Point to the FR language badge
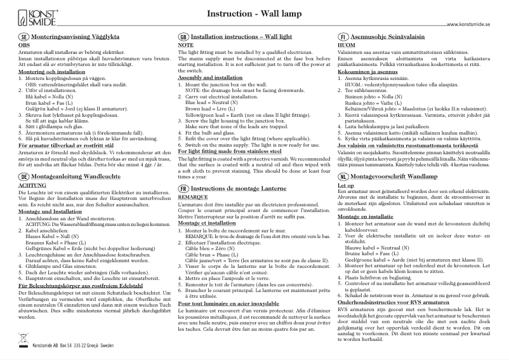point(183,172)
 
